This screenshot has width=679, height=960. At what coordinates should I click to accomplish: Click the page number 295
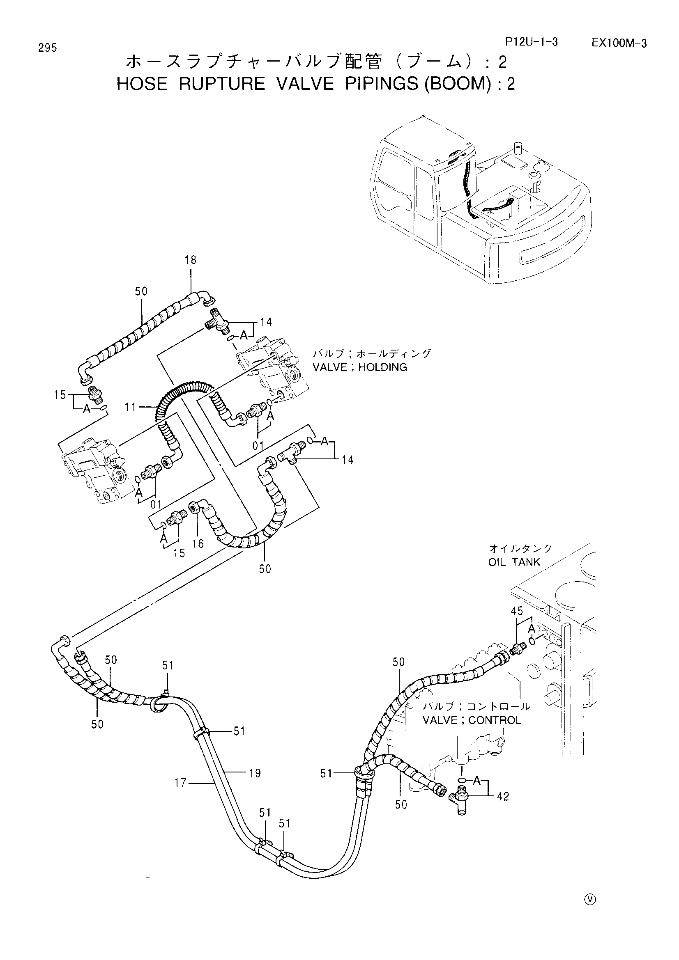click(x=47, y=48)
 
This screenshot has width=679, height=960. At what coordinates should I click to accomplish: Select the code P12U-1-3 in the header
click(x=531, y=42)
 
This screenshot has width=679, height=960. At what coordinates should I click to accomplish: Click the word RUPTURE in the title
click(x=222, y=84)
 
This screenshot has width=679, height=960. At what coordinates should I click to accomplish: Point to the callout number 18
click(x=190, y=260)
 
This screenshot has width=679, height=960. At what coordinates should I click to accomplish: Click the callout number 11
click(x=131, y=406)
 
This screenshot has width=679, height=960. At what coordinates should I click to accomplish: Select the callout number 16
click(x=198, y=543)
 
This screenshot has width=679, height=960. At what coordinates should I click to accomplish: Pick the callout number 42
click(x=503, y=797)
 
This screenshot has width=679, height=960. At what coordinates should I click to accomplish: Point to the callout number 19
click(x=255, y=773)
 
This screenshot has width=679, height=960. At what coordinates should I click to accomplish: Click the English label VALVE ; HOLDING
click(x=360, y=367)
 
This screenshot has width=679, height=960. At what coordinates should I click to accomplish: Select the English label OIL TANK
click(x=514, y=562)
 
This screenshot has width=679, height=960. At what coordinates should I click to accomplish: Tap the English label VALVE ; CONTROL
click(x=472, y=720)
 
